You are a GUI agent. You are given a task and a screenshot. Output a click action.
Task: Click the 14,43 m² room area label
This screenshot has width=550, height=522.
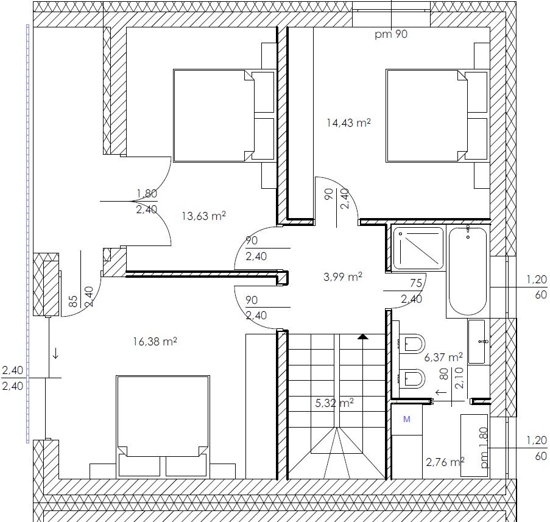tap(348, 123)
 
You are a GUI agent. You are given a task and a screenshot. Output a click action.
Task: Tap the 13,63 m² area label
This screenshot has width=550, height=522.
tap(204, 216)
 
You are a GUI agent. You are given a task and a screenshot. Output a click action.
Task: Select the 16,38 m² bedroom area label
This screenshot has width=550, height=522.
tap(155, 341)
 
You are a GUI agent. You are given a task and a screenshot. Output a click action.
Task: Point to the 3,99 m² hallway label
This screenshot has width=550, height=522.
tap(343, 277)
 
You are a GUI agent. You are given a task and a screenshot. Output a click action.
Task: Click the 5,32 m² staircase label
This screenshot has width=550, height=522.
tap(334, 403)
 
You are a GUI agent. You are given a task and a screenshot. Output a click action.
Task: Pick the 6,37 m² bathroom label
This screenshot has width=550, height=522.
tap(443, 358)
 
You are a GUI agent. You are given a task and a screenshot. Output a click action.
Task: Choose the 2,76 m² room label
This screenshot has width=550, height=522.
tap(445, 462)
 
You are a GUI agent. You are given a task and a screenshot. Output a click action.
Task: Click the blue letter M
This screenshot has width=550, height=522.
tap(407, 419)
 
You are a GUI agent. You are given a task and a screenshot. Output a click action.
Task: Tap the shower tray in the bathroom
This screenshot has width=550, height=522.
tap(418, 248)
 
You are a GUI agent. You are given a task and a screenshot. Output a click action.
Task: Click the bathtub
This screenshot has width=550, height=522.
tap(468, 272)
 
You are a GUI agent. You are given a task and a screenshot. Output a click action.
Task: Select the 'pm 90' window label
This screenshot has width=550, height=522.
tap(391, 34)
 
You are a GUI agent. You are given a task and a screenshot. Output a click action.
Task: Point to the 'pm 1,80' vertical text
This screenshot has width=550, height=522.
tap(484, 448)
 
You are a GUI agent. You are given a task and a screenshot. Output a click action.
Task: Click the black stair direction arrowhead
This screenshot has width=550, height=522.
tap(363, 337)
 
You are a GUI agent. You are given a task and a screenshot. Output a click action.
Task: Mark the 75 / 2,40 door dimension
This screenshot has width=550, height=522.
tap(412, 291)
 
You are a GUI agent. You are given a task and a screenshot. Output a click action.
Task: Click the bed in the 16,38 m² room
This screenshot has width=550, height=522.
tap(163, 427)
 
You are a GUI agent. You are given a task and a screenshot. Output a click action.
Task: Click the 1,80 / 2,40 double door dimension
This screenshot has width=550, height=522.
tap(147, 202)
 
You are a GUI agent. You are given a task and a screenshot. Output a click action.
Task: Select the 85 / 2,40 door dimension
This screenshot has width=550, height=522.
tap(81, 297)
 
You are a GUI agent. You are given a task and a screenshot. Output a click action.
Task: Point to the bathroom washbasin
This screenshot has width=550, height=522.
tap(477, 341)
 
